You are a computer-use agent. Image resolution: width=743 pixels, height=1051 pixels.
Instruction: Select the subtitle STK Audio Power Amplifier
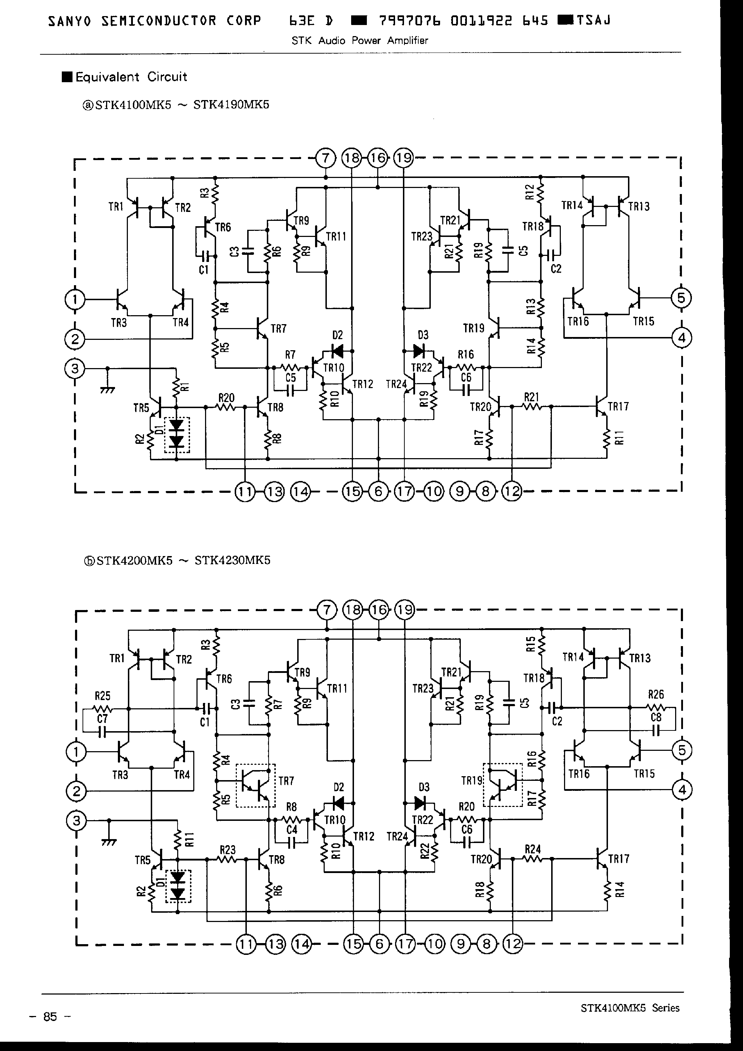tap(360, 40)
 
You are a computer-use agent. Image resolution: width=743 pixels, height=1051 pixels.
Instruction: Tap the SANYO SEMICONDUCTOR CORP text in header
tap(154, 21)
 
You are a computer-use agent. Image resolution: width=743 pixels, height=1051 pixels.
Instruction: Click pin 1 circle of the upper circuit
tap(75, 300)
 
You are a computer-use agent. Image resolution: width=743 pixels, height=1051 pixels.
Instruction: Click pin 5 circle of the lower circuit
tap(682, 750)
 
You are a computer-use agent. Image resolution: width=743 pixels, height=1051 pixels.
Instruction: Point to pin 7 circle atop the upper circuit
tap(326, 158)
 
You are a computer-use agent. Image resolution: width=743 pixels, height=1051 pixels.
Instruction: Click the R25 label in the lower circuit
tap(103, 696)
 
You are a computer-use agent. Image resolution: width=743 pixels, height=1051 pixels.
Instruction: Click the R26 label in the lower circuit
tap(655, 694)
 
